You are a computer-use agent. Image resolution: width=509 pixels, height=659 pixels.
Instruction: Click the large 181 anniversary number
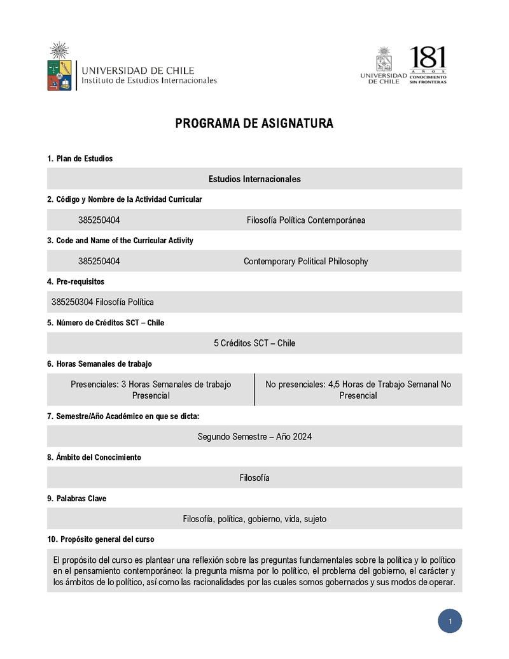[428, 58]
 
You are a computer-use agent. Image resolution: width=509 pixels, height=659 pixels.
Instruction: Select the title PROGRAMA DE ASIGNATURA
[254, 124]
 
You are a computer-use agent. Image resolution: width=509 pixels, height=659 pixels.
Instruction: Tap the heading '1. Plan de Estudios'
[80, 159]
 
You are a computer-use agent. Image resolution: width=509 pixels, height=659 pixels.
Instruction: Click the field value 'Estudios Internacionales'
[254, 179]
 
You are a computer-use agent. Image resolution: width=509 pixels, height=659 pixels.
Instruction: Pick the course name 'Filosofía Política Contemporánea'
[306, 220]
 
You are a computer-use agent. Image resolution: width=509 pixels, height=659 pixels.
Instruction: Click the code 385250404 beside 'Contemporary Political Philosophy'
[99, 261]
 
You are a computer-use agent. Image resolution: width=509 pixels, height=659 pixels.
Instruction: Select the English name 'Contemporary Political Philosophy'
[306, 261]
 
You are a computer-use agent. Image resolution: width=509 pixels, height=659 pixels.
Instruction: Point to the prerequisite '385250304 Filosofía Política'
[102, 302]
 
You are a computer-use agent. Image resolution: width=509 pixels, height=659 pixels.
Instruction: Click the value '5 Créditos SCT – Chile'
[254, 343]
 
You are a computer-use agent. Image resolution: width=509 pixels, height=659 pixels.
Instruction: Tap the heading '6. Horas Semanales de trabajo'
[99, 364]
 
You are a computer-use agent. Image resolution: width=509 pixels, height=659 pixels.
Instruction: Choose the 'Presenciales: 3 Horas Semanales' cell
[151, 390]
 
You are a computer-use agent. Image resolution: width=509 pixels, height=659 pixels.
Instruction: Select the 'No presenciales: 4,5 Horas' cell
[358, 390]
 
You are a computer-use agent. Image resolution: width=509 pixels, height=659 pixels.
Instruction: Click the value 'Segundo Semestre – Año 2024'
[254, 437]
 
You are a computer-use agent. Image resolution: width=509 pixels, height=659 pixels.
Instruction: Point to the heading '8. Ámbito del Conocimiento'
[94, 457]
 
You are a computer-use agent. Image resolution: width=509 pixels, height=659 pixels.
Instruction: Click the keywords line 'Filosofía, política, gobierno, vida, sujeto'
[254, 519]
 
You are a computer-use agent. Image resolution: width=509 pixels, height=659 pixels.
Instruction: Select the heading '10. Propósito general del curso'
[101, 539]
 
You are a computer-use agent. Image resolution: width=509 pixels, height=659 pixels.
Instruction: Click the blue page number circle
[450, 621]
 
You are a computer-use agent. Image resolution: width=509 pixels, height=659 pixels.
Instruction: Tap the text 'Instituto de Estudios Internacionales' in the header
[149, 81]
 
